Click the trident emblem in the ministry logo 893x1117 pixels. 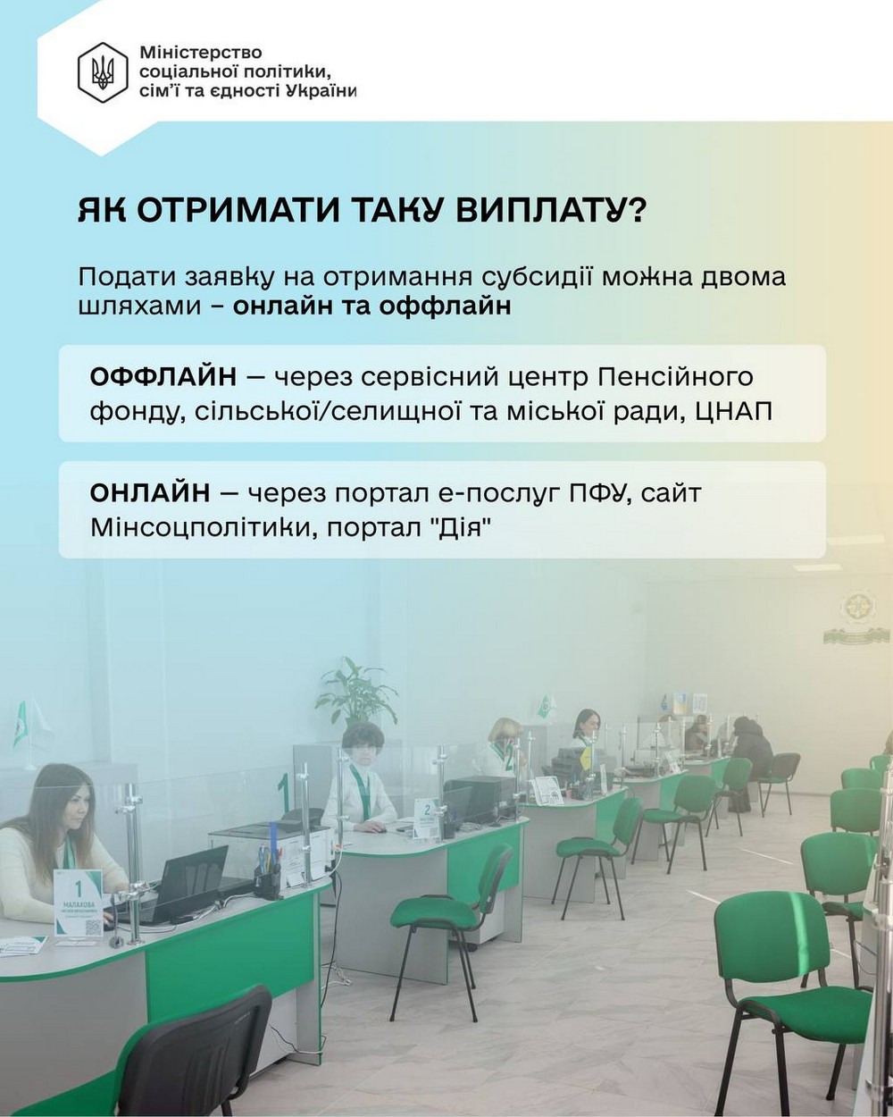[x=102, y=72]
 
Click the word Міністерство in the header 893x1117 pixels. [x=201, y=53]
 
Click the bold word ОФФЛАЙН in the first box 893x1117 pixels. [x=163, y=377]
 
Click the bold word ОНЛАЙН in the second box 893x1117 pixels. [x=150, y=492]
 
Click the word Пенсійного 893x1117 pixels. [x=675, y=378]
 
